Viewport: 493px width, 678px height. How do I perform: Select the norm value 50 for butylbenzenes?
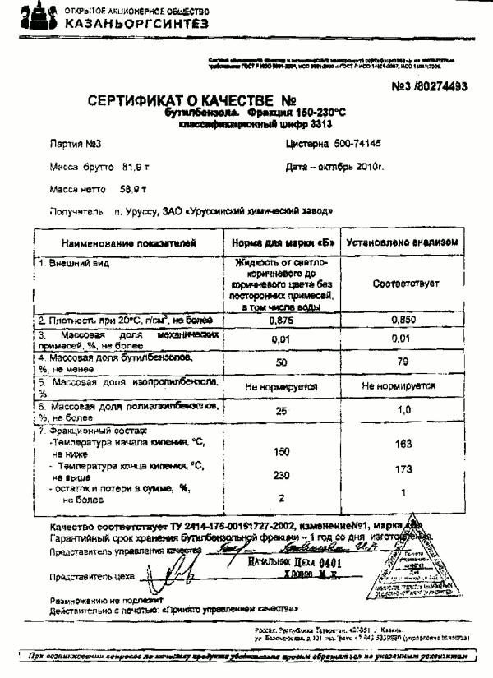coord(282,362)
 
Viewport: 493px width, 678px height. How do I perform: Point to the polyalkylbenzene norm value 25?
coord(282,409)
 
